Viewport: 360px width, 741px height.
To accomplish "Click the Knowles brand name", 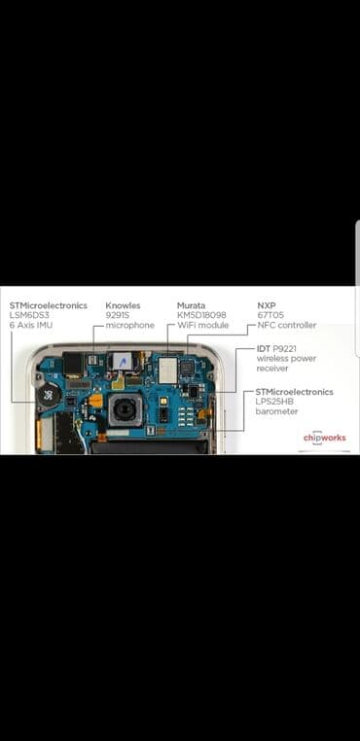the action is [123, 305].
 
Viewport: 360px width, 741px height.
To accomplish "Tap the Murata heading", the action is [191, 305].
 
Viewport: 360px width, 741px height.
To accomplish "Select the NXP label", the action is [267, 305].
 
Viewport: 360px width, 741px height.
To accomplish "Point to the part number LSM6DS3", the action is [29, 315].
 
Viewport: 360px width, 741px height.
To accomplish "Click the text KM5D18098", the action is [201, 315].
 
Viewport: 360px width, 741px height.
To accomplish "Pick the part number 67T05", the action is [270, 315].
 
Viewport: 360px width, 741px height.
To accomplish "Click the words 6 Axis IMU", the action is [31, 325].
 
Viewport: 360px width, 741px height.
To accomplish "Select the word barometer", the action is [276, 411].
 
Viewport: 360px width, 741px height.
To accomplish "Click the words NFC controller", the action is [287, 325].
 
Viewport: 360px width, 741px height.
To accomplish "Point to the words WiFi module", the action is [203, 325].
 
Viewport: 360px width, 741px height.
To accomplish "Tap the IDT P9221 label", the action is [276, 349].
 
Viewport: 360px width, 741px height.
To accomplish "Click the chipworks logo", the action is [325, 438].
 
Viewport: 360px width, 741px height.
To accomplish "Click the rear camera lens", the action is [125, 409].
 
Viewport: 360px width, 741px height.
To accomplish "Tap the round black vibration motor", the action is [48, 396].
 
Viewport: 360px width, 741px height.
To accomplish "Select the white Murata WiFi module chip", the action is [168, 370].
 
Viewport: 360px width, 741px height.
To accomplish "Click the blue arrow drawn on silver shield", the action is [122, 363].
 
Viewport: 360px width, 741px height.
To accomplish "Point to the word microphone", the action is [129, 325].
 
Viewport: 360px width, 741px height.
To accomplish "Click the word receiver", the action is [272, 369].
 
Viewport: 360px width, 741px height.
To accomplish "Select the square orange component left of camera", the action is [95, 401].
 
